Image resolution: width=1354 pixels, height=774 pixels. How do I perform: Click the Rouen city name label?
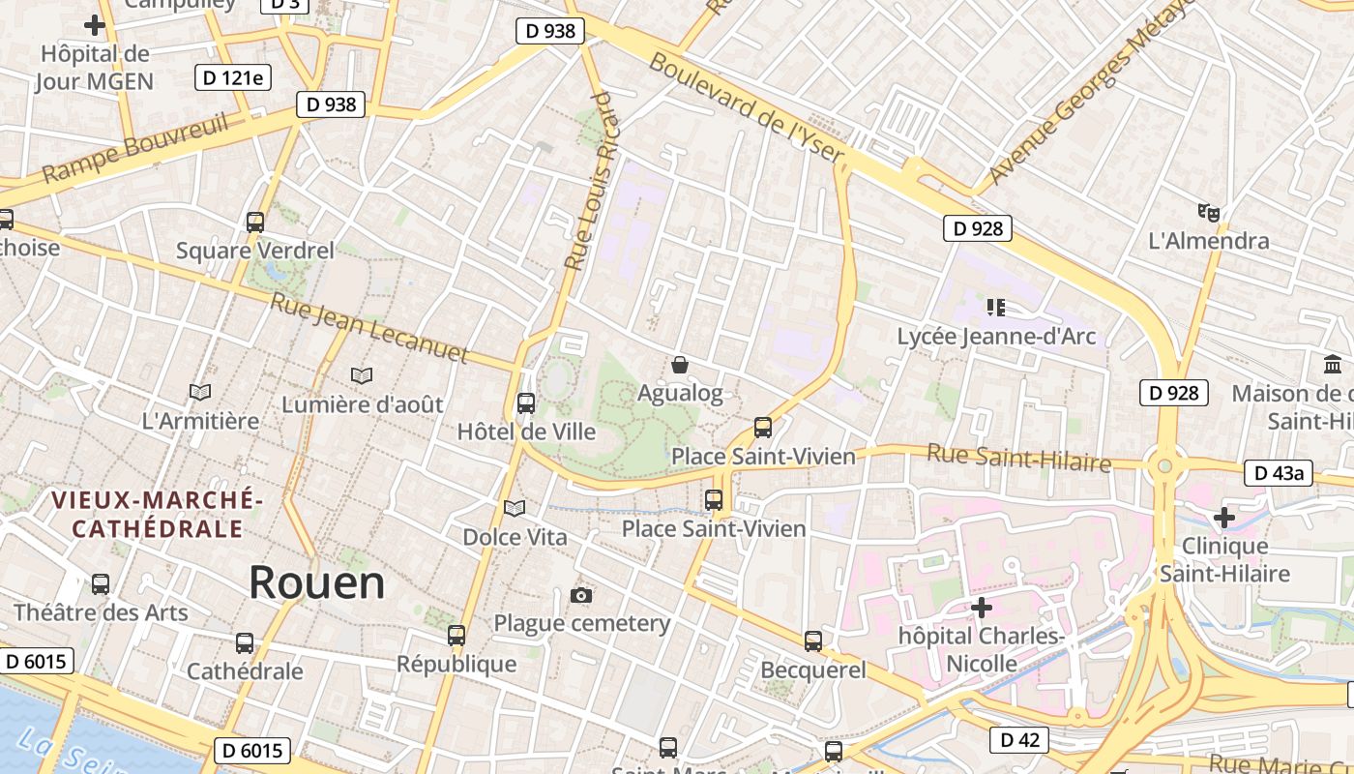316,582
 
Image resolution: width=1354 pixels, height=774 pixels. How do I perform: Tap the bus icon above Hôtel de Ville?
526,403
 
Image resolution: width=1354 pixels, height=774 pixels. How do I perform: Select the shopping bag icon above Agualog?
680,365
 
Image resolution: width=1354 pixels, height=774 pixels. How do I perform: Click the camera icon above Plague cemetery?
581,595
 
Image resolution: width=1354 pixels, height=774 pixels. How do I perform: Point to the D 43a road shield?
1278,473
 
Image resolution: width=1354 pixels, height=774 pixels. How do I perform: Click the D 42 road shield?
1019,740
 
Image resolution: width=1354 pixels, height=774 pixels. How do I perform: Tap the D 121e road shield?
233,77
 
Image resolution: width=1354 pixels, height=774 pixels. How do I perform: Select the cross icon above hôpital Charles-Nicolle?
982,608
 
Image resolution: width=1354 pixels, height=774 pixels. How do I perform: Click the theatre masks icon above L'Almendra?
1208,212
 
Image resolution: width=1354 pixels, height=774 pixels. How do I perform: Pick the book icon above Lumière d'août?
362,375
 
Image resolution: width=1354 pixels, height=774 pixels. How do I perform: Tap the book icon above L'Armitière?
200,392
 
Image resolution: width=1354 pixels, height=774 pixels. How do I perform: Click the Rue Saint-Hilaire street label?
1018,457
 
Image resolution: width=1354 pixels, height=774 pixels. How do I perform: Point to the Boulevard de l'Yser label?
746,106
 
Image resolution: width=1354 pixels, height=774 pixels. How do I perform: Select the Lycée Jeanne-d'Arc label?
996,337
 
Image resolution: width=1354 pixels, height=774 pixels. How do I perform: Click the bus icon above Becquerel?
813,640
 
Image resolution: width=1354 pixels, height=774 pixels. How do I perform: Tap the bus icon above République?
456,636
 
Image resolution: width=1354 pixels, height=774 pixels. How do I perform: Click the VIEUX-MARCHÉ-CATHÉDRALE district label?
157,514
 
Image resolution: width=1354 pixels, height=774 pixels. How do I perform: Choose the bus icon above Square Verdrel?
255,222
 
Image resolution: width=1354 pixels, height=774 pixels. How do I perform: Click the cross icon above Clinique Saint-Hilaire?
1224,517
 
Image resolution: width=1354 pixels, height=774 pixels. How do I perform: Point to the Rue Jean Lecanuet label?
368,328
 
